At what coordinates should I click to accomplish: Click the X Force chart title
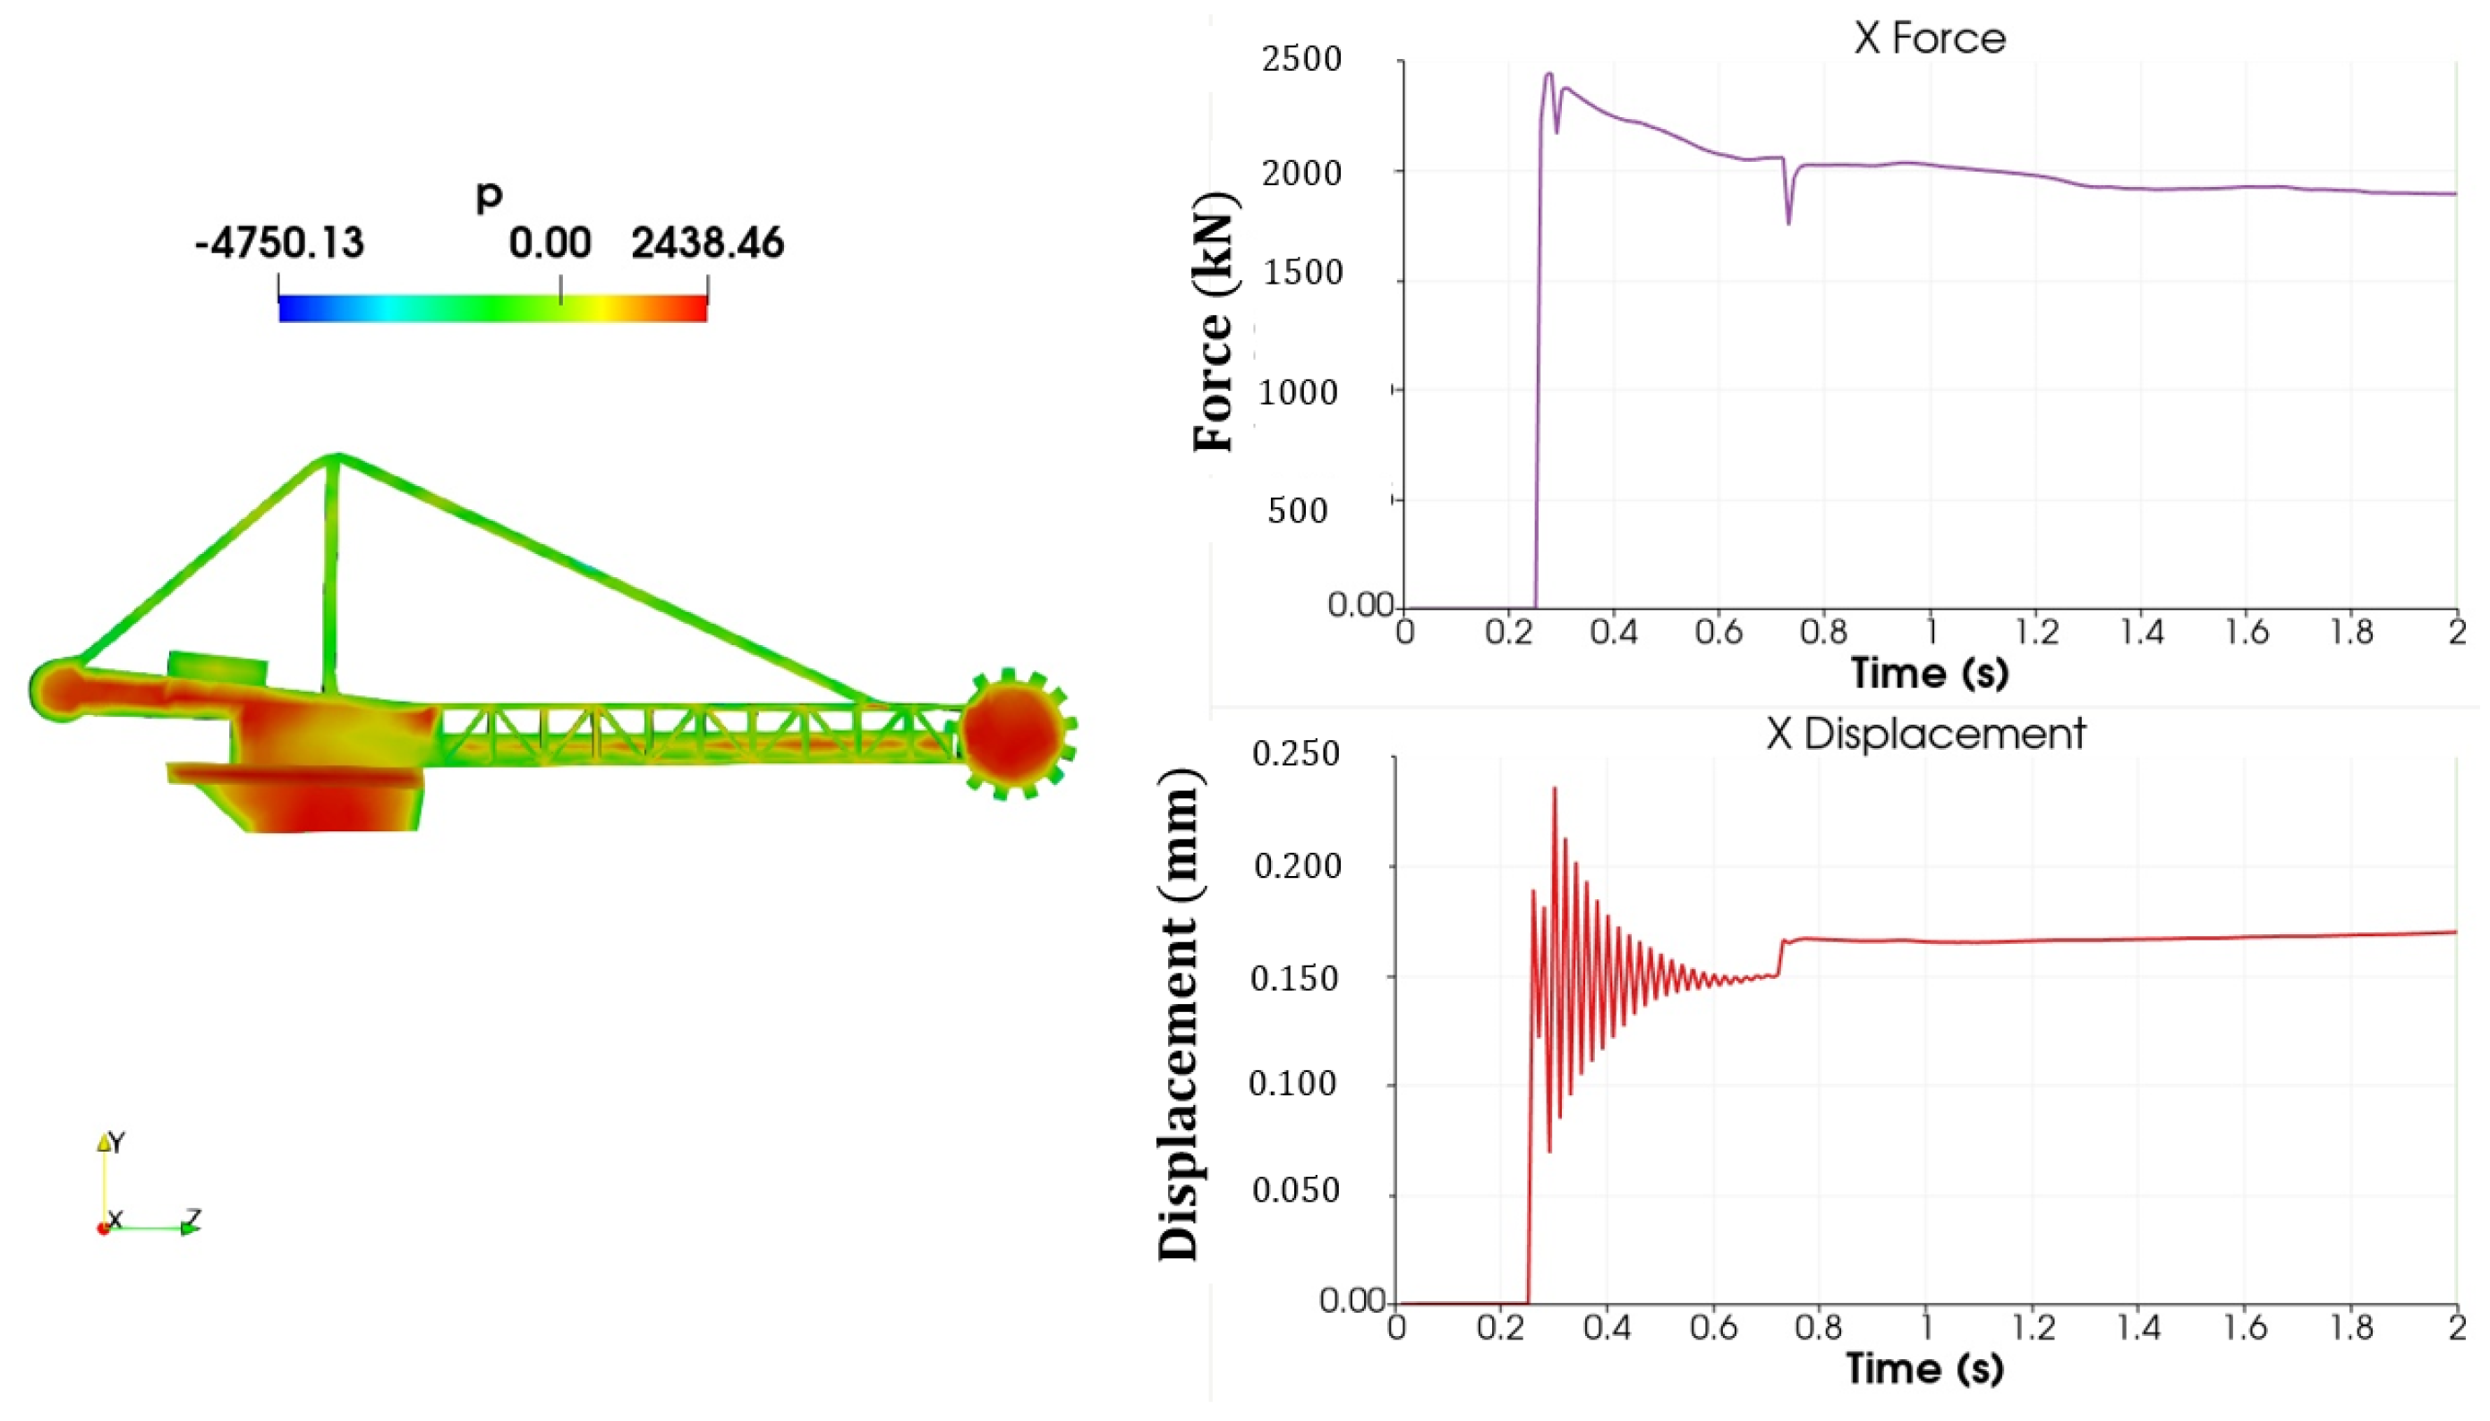(1929, 39)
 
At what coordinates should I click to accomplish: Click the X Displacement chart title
(1925, 734)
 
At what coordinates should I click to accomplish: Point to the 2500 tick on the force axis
(1301, 61)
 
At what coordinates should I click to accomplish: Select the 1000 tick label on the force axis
(1297, 392)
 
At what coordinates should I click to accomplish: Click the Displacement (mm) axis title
(1178, 1015)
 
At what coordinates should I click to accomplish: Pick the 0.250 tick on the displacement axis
(1295, 754)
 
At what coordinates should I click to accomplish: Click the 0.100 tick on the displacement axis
(1292, 1085)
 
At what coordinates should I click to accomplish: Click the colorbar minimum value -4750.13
(279, 242)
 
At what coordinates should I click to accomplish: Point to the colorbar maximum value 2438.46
(707, 242)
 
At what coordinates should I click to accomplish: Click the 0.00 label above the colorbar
(550, 242)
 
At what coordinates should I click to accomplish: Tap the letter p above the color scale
(488, 195)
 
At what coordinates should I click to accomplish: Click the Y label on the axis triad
(117, 1142)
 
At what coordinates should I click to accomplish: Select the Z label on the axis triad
(193, 1218)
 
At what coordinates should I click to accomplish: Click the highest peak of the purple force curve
(1548, 74)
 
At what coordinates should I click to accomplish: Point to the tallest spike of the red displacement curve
(1554, 788)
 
